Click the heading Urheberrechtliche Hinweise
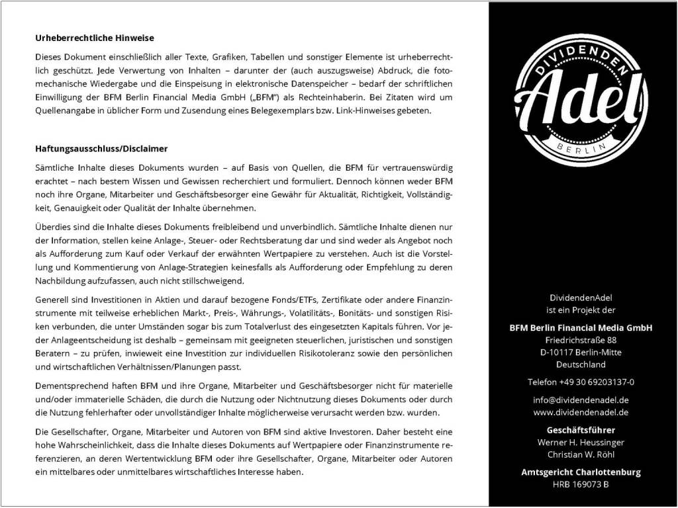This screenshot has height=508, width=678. (94, 38)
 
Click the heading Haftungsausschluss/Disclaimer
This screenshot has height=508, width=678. (101, 149)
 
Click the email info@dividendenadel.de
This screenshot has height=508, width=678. (581, 400)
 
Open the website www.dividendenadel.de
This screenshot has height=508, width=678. (581, 412)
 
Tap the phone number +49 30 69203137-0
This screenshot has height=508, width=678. (581, 382)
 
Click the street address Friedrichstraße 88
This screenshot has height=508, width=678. (581, 339)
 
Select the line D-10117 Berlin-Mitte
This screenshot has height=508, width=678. (581, 352)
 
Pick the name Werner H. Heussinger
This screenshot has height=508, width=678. (581, 443)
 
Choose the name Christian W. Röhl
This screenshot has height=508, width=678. (581, 455)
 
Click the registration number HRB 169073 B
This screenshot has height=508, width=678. (581, 485)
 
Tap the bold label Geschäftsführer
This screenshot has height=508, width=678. (581, 430)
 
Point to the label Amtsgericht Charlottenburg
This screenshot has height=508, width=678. (581, 472)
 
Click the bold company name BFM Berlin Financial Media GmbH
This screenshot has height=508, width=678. (581, 327)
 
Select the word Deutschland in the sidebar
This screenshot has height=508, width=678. (581, 364)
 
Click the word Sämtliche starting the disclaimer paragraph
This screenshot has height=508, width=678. (55, 168)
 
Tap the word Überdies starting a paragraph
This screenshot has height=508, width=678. (53, 228)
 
